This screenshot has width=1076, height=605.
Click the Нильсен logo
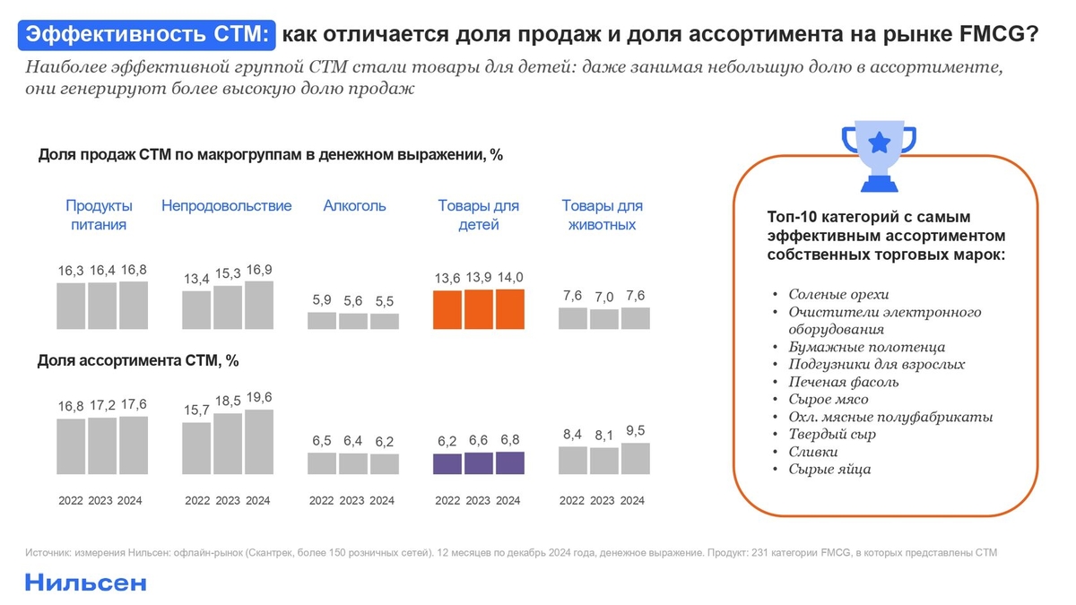[x=85, y=583]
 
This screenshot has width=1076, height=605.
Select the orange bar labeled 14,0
[x=509, y=309]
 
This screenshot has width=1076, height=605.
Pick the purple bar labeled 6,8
[x=509, y=462]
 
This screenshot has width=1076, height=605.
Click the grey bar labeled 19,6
[x=258, y=442]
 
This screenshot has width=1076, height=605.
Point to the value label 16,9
[x=258, y=269]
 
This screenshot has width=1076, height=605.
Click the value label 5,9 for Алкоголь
[x=322, y=300]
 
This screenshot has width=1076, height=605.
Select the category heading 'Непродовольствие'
[x=226, y=206]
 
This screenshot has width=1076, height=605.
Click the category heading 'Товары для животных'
[x=602, y=215]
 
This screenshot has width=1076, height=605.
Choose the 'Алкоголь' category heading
[x=354, y=206]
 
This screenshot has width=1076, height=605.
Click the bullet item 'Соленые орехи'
[x=838, y=294]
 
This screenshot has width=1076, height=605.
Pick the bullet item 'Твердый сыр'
[x=831, y=435]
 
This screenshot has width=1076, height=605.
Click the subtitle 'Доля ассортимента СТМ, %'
[x=138, y=361]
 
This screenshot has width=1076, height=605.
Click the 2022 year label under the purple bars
[x=447, y=500]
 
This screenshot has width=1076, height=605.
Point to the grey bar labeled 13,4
[x=196, y=310]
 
